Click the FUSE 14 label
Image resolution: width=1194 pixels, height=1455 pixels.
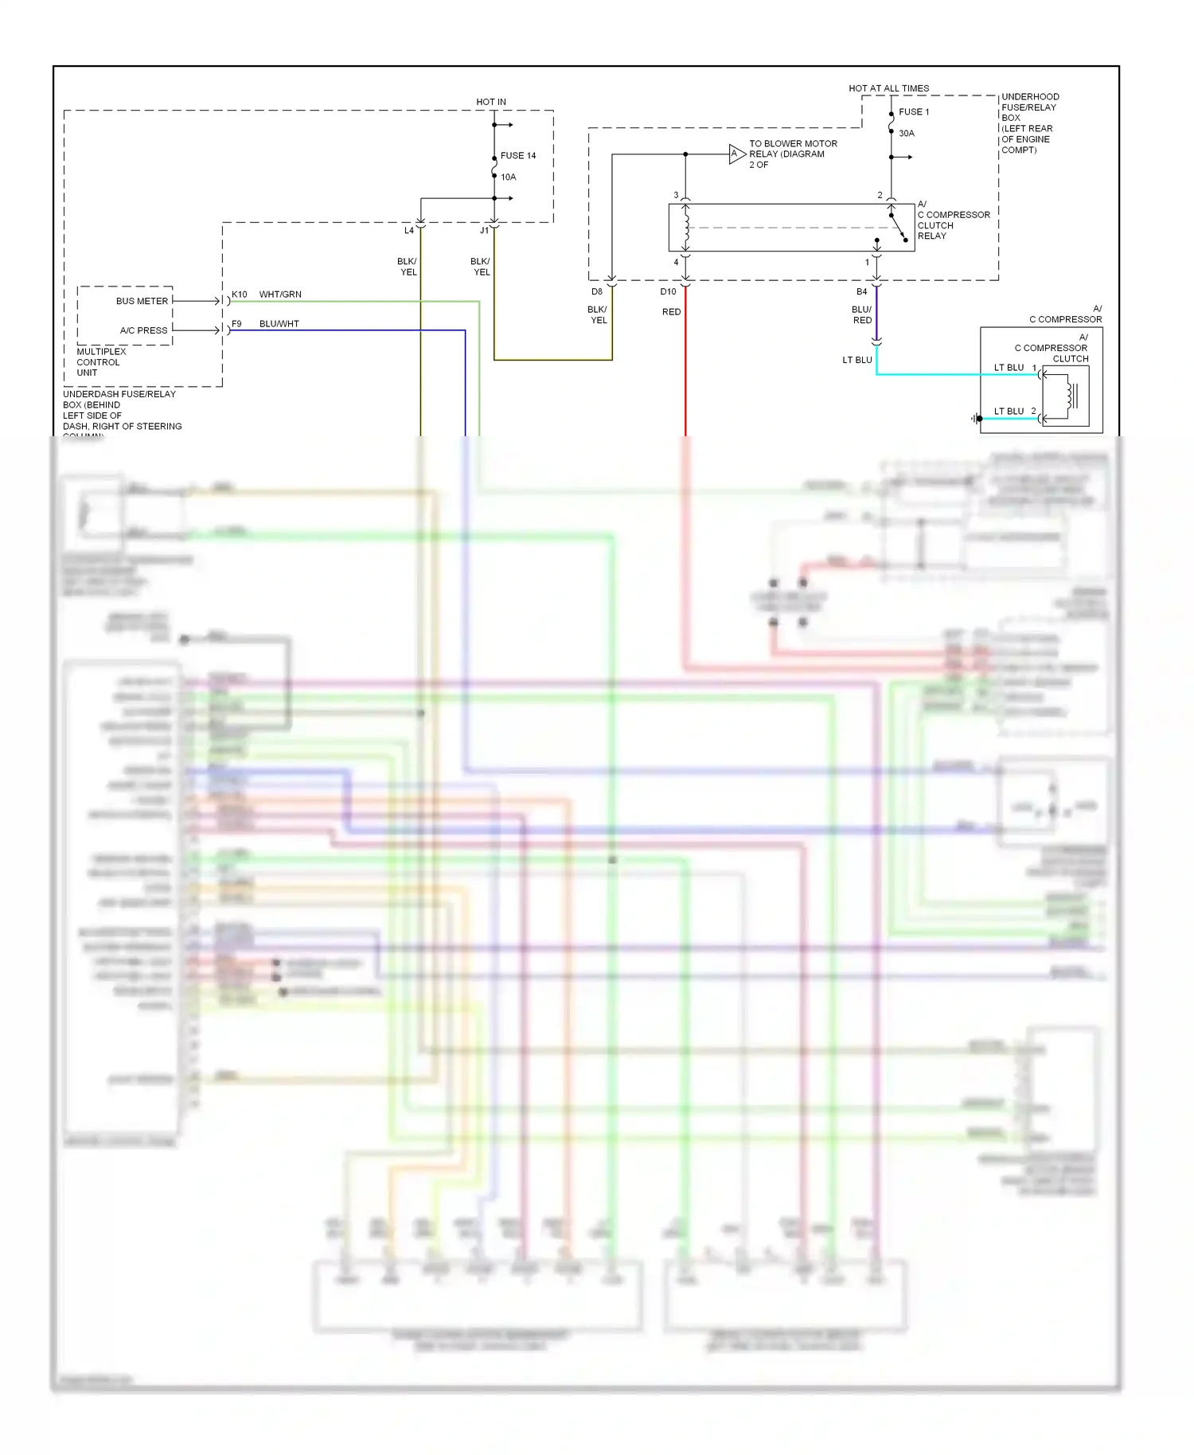[x=517, y=156]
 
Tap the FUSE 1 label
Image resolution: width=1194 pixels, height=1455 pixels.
[x=914, y=112]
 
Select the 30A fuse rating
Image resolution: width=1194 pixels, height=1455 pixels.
[x=907, y=134]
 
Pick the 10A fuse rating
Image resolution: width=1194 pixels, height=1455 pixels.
[x=508, y=177]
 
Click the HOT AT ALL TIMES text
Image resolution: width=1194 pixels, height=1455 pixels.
[x=888, y=88]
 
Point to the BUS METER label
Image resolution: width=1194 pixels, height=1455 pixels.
[x=142, y=302]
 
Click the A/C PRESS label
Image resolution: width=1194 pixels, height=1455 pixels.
[x=143, y=330]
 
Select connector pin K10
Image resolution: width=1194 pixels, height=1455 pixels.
[x=239, y=295]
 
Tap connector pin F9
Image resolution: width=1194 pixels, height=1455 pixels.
[x=236, y=324]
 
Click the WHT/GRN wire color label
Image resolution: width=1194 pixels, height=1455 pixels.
[x=280, y=295]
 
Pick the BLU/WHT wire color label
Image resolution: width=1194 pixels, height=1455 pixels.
[x=279, y=324]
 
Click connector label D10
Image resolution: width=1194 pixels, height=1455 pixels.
[x=668, y=292]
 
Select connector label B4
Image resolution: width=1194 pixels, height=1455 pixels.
[x=861, y=292]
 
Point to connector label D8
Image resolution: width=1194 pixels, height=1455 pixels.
[x=597, y=292]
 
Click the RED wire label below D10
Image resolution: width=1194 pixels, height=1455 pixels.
[x=671, y=312]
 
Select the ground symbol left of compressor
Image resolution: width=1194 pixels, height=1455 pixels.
[x=976, y=419]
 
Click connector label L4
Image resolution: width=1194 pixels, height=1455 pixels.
[x=408, y=231]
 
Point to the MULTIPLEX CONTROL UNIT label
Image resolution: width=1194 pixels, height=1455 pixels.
[x=98, y=362]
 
